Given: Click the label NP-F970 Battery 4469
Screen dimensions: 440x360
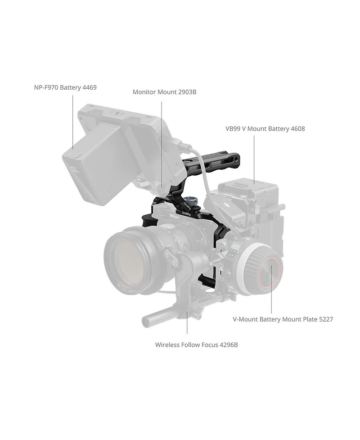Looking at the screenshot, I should coord(65,87).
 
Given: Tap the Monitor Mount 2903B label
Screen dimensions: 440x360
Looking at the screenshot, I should coord(164,92).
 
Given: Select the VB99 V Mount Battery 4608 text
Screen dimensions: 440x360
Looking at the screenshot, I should coord(265,129).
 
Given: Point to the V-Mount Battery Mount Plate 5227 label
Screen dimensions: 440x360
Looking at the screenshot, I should coord(283,319).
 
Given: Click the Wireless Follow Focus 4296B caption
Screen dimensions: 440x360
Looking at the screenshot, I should coord(196,345).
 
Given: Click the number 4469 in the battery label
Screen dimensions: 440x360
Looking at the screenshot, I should coord(90,87).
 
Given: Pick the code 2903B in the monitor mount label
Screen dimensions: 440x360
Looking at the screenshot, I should coord(187,92).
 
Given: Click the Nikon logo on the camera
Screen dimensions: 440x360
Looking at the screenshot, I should coord(174,217).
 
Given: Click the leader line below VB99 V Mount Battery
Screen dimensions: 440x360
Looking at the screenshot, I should coord(254,158).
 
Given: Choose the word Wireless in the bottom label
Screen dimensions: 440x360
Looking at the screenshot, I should coord(167,345).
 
